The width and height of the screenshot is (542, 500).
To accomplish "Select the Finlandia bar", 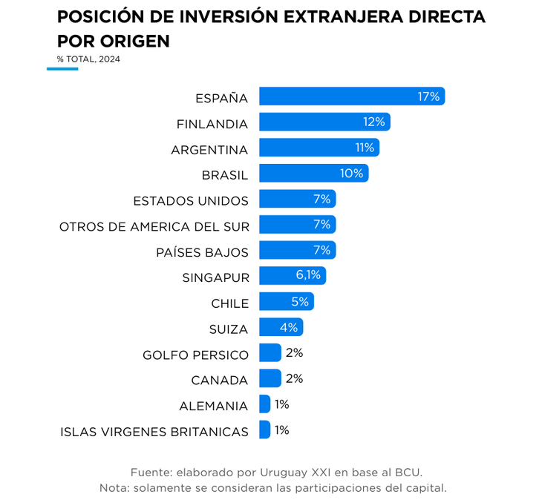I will [x=324, y=122].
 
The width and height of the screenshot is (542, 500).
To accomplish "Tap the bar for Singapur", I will [x=292, y=276].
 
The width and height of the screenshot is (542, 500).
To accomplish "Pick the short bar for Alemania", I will [x=265, y=404].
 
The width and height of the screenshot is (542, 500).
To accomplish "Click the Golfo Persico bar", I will [x=270, y=353].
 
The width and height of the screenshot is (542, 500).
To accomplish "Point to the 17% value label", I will [x=428, y=96].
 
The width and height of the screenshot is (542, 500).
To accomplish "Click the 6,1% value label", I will [x=308, y=275].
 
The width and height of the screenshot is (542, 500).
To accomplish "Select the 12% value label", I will [x=374, y=122].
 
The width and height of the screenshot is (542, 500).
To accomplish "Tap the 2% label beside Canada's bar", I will [x=294, y=378].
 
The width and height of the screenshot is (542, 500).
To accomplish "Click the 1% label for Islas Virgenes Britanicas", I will [x=281, y=430].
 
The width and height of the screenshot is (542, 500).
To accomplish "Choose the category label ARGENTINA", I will [x=209, y=150].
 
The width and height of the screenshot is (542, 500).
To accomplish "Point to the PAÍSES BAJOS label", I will [x=203, y=252].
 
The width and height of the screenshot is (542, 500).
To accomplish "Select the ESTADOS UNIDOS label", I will [x=191, y=201].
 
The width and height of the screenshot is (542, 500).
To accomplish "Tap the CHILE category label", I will [x=230, y=303].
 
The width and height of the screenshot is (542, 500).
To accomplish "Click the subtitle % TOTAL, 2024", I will [x=88, y=59].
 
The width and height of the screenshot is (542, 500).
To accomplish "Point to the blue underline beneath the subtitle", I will [x=62, y=69].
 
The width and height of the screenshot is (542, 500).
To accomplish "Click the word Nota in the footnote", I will [x=113, y=488].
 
